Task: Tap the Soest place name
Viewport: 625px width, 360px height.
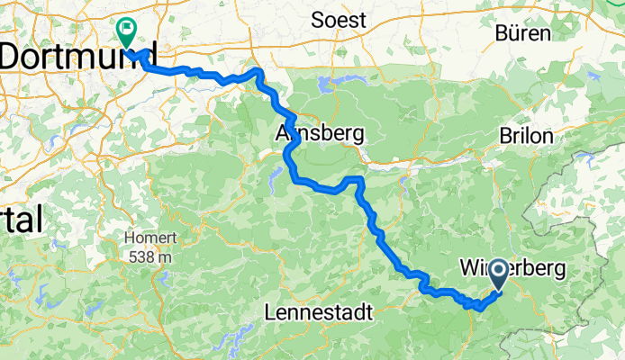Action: coord(339,20)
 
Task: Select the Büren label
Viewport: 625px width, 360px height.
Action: coord(522,34)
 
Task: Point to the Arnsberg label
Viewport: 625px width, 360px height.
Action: coord(319,134)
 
